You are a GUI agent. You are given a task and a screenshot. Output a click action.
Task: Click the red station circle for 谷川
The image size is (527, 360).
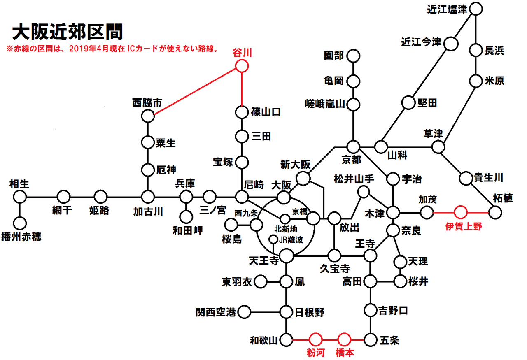[242, 66]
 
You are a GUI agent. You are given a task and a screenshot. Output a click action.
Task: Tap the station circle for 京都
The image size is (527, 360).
[353, 147]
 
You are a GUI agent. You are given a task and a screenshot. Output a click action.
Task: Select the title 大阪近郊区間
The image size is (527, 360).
[68, 32]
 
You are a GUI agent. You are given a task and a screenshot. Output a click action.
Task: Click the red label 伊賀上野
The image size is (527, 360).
[464, 226]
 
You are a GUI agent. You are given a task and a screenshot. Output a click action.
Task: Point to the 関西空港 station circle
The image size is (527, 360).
[244, 312]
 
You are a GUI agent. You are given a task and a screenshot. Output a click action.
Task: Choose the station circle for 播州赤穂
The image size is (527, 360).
[20, 223]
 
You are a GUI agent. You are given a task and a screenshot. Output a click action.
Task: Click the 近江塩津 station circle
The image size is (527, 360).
[476, 9]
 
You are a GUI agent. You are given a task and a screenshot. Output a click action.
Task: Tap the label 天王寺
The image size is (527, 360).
[264, 260]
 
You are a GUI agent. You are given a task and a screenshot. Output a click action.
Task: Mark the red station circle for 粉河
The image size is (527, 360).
[315, 339]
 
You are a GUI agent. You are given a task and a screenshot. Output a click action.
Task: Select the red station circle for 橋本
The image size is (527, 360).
[344, 339]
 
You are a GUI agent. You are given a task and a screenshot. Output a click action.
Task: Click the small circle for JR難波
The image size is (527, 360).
[273, 239]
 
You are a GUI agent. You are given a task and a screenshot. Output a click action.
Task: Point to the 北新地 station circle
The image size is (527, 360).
[285, 219]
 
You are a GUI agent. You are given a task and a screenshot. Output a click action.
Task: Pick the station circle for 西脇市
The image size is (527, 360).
[148, 116]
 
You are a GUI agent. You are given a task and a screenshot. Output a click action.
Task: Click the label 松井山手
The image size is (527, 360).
[354, 179]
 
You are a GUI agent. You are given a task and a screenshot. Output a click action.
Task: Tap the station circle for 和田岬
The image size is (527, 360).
[186, 216]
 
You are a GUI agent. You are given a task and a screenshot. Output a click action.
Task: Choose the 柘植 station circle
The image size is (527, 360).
[495, 212]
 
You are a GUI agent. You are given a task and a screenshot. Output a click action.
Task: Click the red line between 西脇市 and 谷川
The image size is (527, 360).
[195, 91]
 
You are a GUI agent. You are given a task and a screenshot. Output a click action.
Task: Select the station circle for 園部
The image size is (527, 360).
[353, 56]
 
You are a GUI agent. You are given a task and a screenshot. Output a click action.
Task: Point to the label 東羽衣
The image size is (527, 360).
[237, 282]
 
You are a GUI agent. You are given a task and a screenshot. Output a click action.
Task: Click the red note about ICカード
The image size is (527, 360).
[112, 49]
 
